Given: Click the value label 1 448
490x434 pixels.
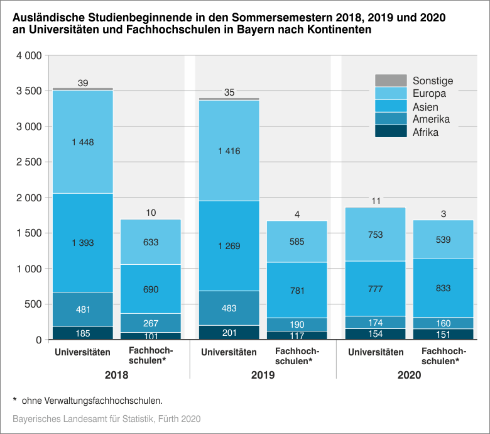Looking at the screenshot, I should (x=82, y=142).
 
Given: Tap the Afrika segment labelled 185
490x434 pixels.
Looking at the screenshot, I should (x=82, y=333).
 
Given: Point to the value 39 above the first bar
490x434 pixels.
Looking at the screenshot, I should (x=83, y=83).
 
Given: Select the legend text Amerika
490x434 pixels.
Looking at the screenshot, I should (x=431, y=120).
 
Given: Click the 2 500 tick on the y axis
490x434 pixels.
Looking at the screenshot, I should (x=28, y=162).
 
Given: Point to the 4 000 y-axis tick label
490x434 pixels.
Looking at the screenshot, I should (x=28, y=56).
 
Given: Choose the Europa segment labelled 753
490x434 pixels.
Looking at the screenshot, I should (x=376, y=234).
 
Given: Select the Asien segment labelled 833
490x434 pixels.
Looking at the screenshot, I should (x=444, y=288).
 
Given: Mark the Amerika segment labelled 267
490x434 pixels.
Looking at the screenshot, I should (x=151, y=323).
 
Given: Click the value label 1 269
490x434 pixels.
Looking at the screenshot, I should (x=229, y=246).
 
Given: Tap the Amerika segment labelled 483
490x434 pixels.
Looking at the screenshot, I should (x=229, y=308).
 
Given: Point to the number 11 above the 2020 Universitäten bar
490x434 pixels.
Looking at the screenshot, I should (x=376, y=201).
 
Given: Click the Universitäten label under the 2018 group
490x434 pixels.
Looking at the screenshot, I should (x=82, y=352).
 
